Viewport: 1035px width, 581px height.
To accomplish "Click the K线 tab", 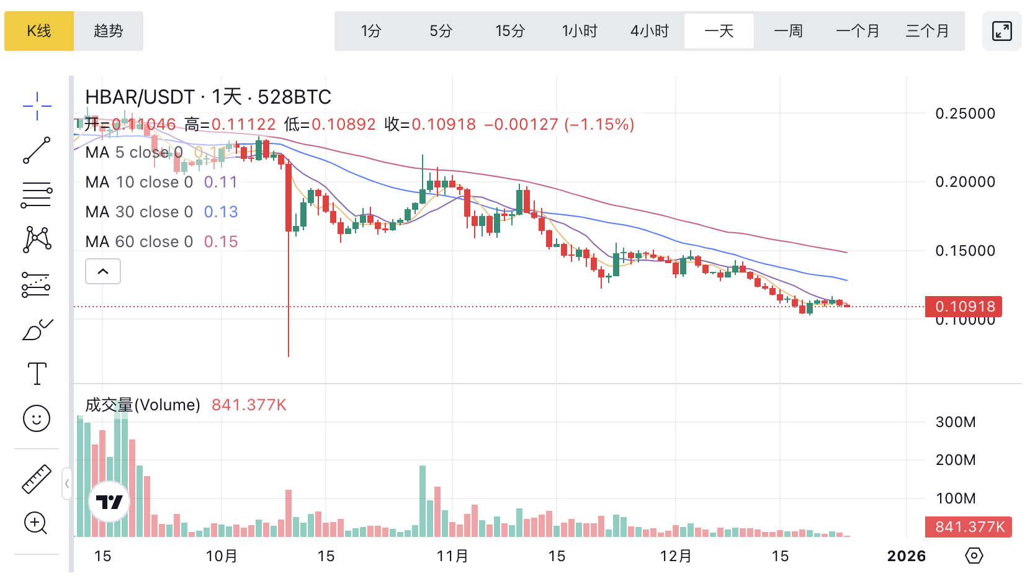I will [39, 31].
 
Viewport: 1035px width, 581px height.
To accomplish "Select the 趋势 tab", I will [109, 31].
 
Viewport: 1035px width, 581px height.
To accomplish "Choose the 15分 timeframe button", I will [510, 31].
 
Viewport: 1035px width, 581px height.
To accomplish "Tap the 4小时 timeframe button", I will [650, 31].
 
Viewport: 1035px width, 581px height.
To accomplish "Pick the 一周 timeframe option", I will [789, 31].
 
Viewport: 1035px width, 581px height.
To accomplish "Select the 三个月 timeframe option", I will [927, 31].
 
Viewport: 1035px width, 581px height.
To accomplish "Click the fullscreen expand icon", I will [1001, 31].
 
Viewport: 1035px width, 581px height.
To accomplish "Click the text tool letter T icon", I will [37, 374].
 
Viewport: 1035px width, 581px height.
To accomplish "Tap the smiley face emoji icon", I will [37, 419].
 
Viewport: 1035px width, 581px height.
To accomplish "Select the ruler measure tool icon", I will [37, 479].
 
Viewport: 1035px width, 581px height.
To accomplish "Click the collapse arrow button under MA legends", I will [103, 271].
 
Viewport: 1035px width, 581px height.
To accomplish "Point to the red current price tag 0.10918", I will [964, 307].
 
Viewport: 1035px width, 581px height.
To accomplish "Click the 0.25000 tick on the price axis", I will [965, 114].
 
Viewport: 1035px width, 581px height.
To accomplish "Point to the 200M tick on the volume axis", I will [956, 460].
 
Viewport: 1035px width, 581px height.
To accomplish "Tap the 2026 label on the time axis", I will [906, 556].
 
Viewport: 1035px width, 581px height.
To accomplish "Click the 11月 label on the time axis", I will [452, 556].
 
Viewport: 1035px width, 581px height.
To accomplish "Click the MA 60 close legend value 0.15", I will [221, 241].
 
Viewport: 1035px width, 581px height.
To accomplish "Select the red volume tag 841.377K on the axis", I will [969, 527].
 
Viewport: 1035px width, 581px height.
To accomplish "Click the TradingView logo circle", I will [110, 502].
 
